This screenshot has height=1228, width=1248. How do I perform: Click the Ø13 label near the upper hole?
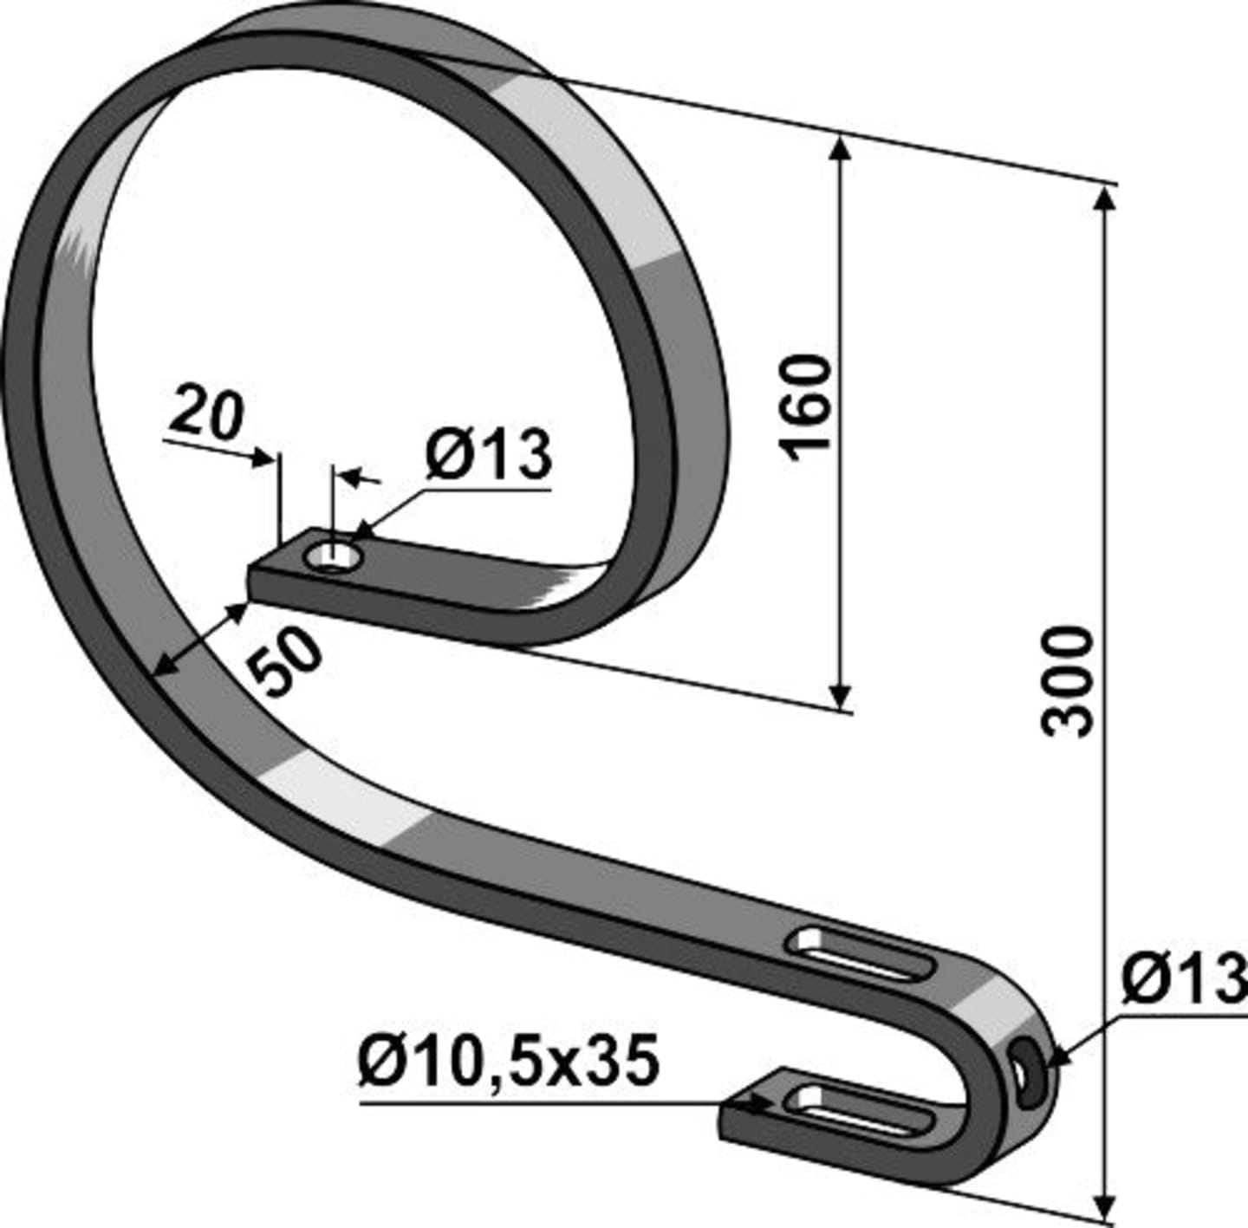[489, 455]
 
